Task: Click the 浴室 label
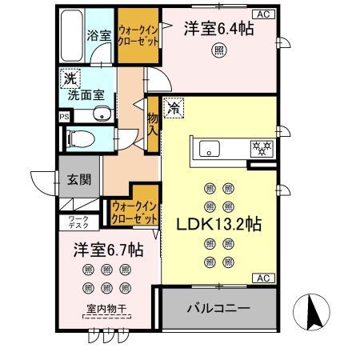pos(98,36)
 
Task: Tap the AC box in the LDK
pos(262,278)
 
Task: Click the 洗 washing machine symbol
pos(69,80)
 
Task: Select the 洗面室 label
pos(84,95)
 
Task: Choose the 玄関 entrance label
pos(78,181)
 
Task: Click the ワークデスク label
pos(78,221)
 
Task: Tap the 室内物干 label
pos(106,311)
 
